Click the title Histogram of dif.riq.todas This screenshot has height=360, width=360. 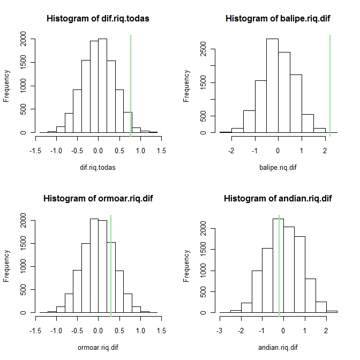click(x=98, y=18)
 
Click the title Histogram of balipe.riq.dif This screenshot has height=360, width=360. click(x=277, y=18)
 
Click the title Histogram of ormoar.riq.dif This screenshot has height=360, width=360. click(x=98, y=199)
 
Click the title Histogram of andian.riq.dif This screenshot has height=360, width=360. click(x=277, y=199)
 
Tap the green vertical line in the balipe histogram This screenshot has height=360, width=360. click(x=330, y=86)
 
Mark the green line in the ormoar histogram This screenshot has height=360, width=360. click(x=111, y=262)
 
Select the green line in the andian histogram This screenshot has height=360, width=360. click(x=279, y=262)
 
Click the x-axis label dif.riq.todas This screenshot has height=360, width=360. click(x=98, y=167)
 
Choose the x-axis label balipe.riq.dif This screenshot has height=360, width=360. click(x=277, y=167)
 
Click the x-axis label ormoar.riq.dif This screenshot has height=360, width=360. click(x=98, y=348)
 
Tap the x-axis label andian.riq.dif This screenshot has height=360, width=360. click(x=277, y=348)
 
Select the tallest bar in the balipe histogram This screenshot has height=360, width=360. click(x=272, y=86)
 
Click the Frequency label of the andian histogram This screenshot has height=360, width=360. click(x=186, y=265)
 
